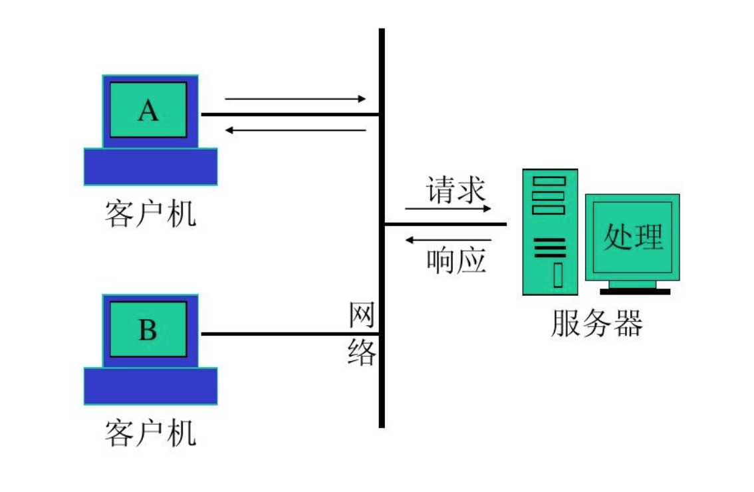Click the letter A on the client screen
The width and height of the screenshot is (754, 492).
[148, 110]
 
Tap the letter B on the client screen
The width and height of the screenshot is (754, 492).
[148, 329]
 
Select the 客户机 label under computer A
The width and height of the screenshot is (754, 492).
[150, 214]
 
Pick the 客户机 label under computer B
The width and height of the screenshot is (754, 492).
[150, 433]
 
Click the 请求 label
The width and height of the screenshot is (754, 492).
[456, 190]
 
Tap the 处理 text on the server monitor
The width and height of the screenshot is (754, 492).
[633, 236]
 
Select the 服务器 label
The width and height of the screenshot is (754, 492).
[596, 324]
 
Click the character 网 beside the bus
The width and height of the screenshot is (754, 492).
[362, 315]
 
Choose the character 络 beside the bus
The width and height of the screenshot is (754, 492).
[362, 352]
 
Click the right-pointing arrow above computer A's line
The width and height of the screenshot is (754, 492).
[295, 99]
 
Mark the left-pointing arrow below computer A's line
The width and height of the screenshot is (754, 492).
[295, 130]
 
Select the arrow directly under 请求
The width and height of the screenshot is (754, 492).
[448, 209]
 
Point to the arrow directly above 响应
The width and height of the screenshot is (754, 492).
[448, 239]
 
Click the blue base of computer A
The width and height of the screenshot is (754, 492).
[150, 166]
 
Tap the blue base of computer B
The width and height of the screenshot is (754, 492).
[150, 386]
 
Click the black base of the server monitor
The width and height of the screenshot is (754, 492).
[635, 291]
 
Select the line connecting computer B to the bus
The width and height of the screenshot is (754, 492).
[290, 334]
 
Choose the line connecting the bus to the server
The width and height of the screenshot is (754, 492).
[445, 224]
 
